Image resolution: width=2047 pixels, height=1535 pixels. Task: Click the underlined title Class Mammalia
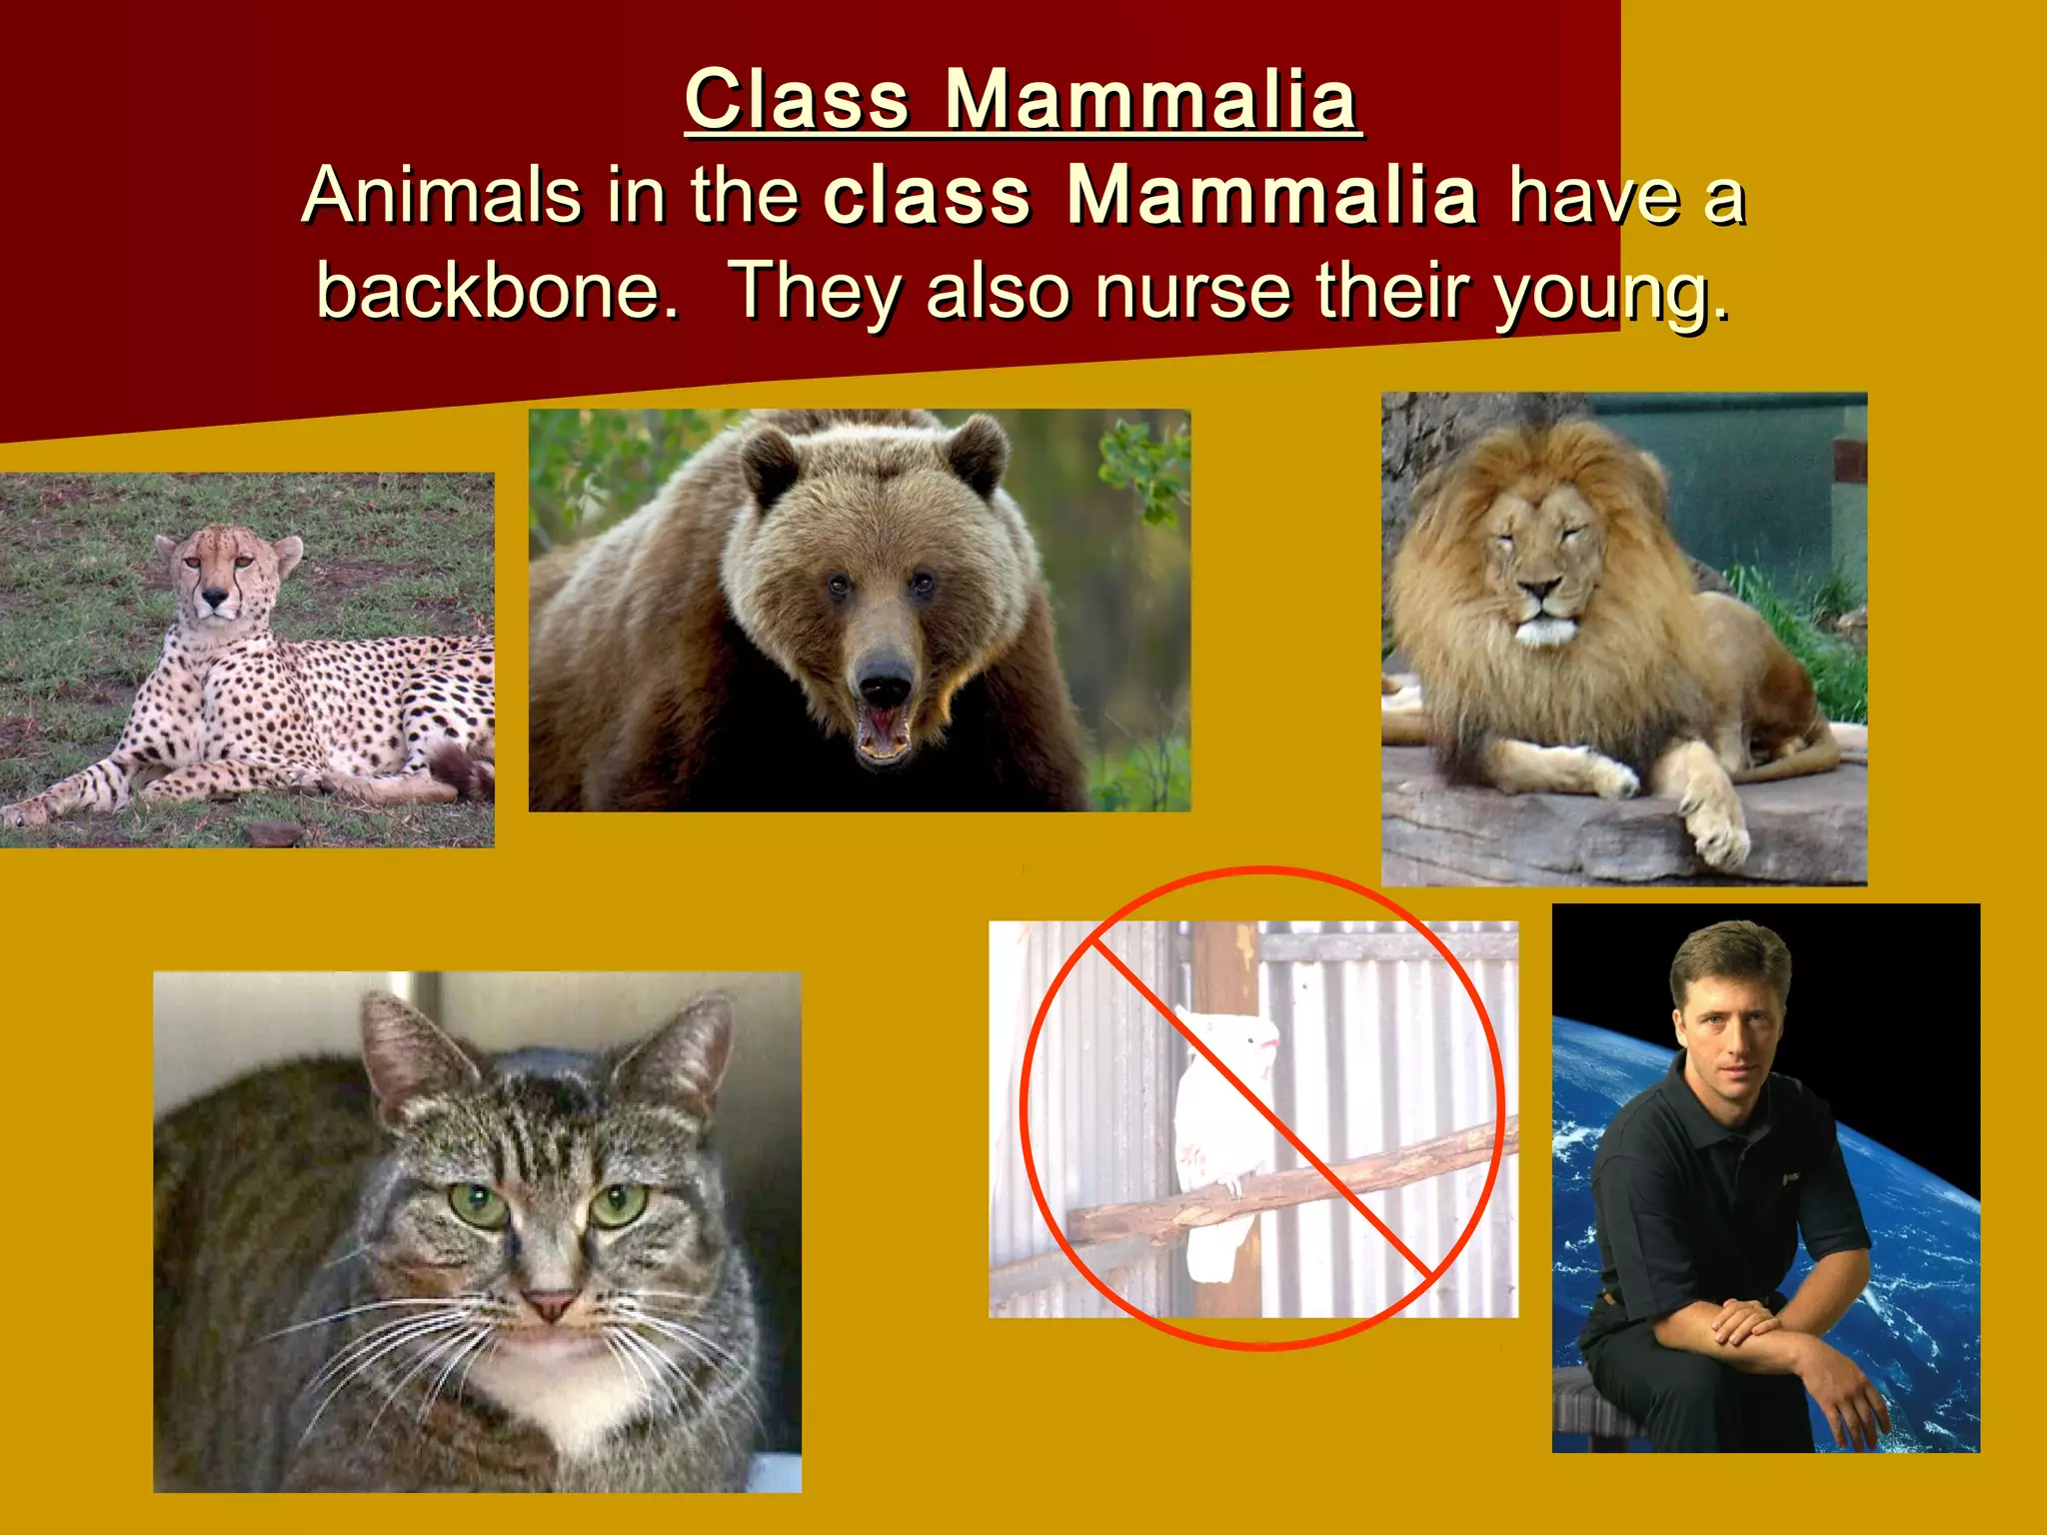coord(1023,100)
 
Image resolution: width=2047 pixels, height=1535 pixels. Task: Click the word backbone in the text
coord(497,291)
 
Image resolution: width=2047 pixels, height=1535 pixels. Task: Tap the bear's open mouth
coord(885,730)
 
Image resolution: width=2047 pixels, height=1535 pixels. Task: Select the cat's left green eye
coord(478,1205)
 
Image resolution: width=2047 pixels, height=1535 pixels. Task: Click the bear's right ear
coord(975,452)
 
